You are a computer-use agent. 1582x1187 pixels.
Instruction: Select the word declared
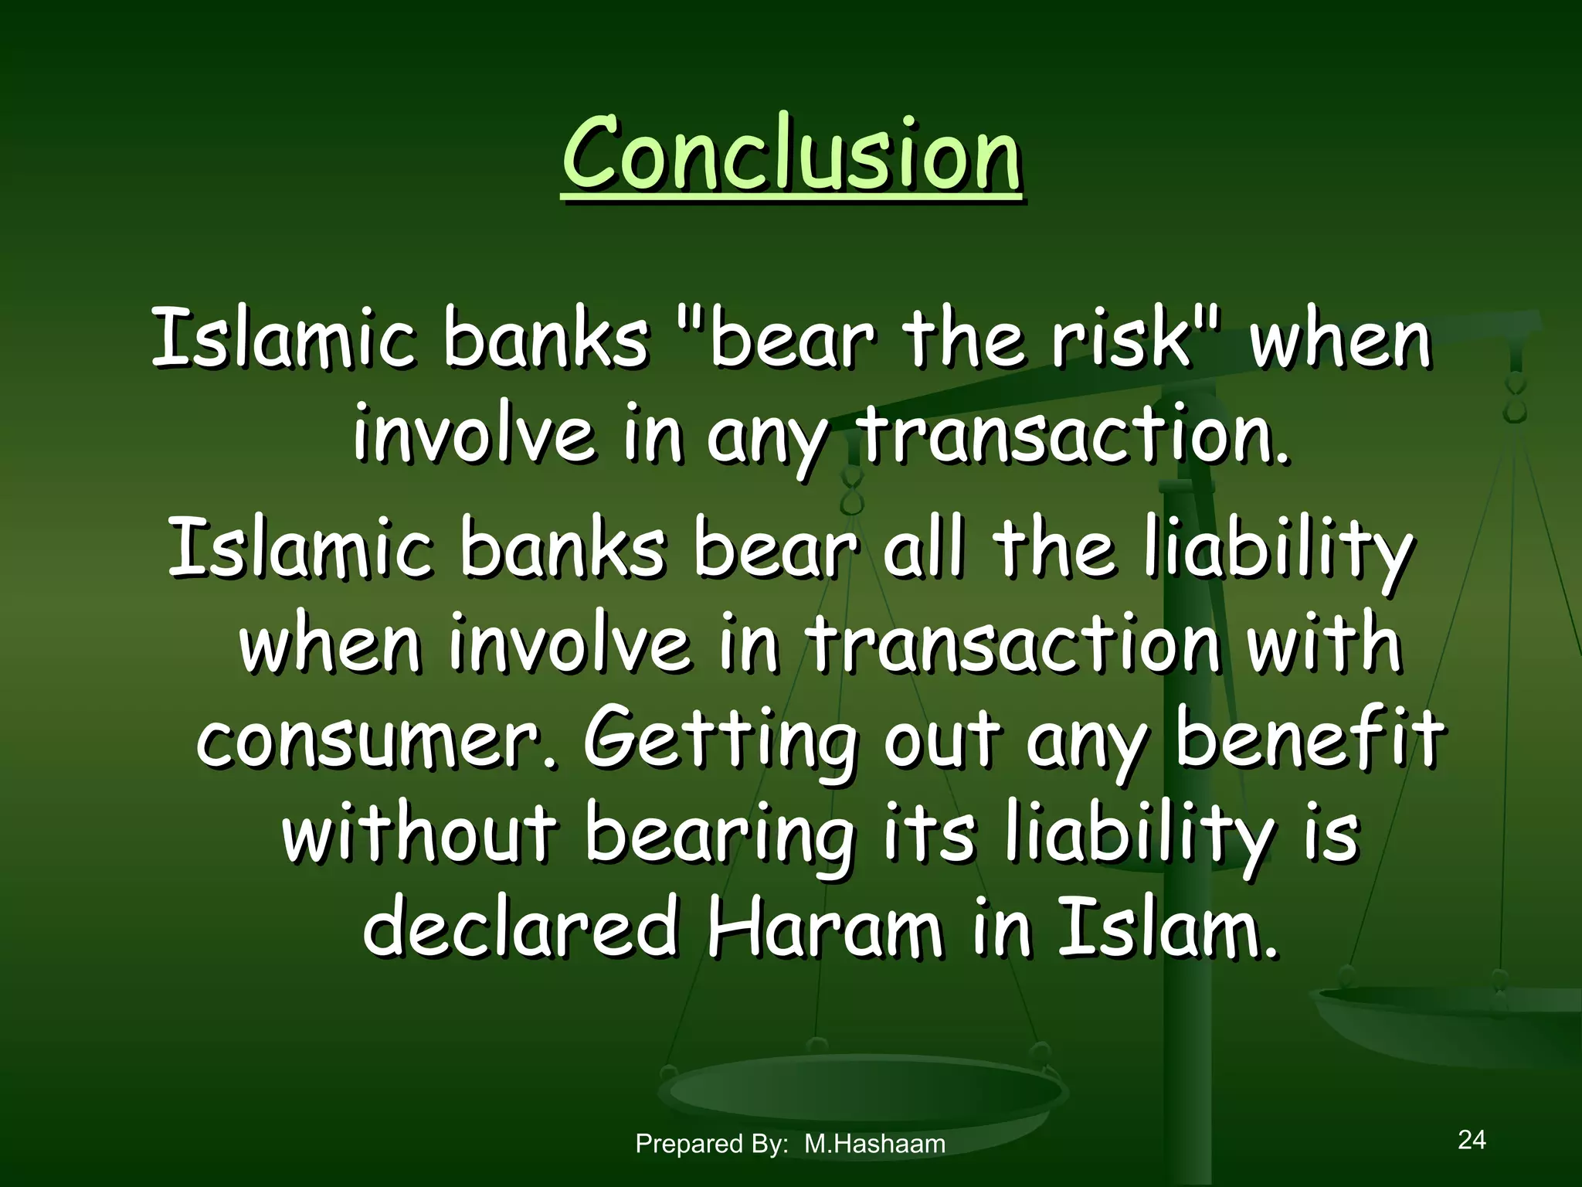[x=520, y=927]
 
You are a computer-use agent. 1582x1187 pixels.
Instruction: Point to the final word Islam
[x=1166, y=927]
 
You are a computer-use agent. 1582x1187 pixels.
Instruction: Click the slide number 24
[x=1472, y=1139]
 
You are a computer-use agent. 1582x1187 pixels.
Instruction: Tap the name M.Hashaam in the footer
[x=874, y=1144]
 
